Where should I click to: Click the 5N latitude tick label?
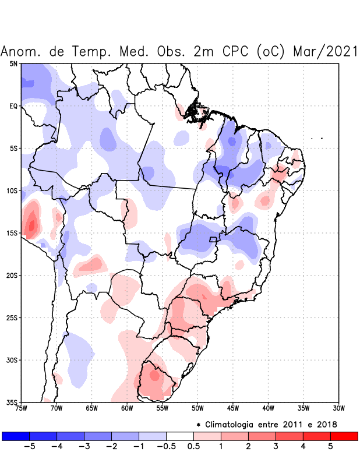pos(13,63)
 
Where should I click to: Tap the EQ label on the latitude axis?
pos(13,106)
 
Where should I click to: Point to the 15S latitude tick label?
pos(12,233)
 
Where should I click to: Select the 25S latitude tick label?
pos(12,317)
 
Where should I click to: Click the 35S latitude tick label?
pos(12,402)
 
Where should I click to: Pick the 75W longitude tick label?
pos(22,408)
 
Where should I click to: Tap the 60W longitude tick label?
pos(127,408)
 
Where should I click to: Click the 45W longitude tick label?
pos(232,408)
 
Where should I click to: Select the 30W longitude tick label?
pos(338,408)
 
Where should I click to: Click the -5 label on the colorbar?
pos(30,447)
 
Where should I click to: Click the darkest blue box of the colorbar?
pos(16,436)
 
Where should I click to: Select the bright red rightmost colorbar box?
pos(344,436)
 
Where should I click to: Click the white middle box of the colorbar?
pos(180,436)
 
